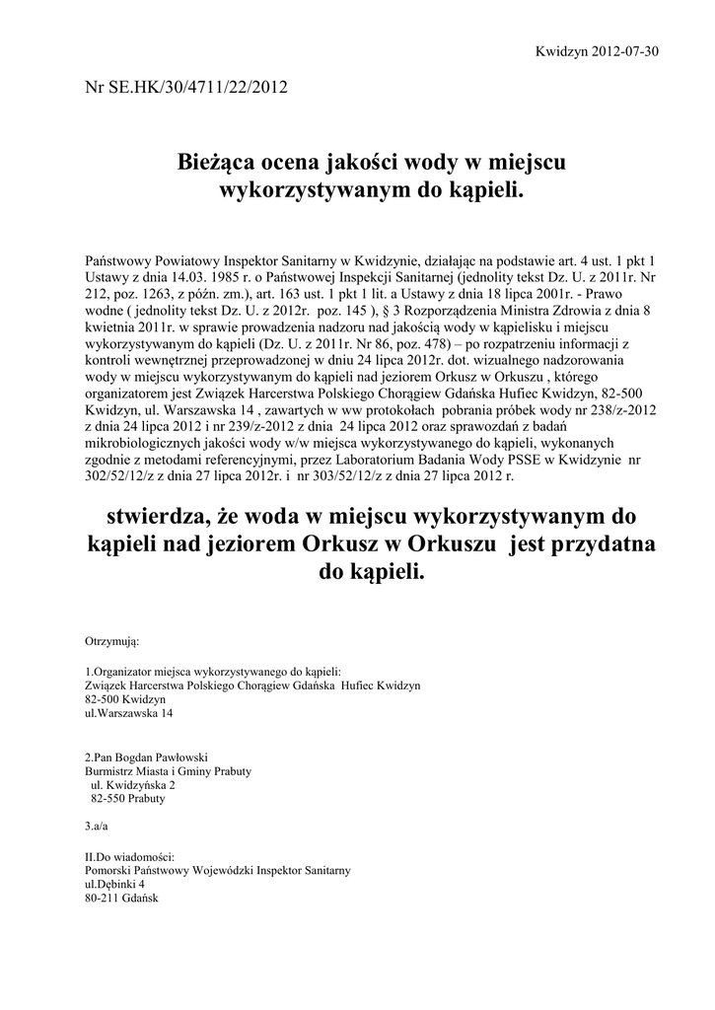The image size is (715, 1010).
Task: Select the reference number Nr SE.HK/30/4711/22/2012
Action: [187, 87]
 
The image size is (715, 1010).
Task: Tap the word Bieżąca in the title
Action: [221, 160]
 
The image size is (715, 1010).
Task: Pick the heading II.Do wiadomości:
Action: [131, 856]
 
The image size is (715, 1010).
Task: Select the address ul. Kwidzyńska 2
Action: [132, 785]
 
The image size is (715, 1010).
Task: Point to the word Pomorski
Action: [109, 870]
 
